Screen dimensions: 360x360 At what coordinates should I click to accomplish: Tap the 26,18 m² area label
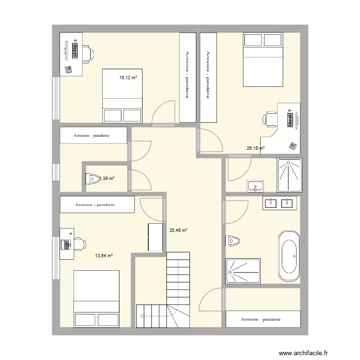click(255, 149)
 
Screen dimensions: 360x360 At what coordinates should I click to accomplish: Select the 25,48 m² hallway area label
click(178, 230)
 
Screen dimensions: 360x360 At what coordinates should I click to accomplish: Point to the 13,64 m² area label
click(103, 256)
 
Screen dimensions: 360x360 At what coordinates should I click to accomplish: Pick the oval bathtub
click(289, 256)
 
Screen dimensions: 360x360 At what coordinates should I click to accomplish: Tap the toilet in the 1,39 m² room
click(91, 179)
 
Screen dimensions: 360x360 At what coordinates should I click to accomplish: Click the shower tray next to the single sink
click(289, 175)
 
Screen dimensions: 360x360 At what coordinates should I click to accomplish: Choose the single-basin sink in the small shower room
click(255, 186)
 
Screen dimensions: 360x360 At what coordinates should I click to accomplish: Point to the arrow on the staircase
click(143, 316)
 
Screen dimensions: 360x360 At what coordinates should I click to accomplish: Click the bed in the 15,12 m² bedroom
click(122, 96)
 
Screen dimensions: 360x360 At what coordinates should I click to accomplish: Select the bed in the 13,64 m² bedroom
click(96, 299)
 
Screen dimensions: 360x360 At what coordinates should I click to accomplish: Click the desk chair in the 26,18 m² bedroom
click(270, 119)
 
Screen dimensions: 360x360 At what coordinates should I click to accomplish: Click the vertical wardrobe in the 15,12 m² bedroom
click(187, 77)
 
